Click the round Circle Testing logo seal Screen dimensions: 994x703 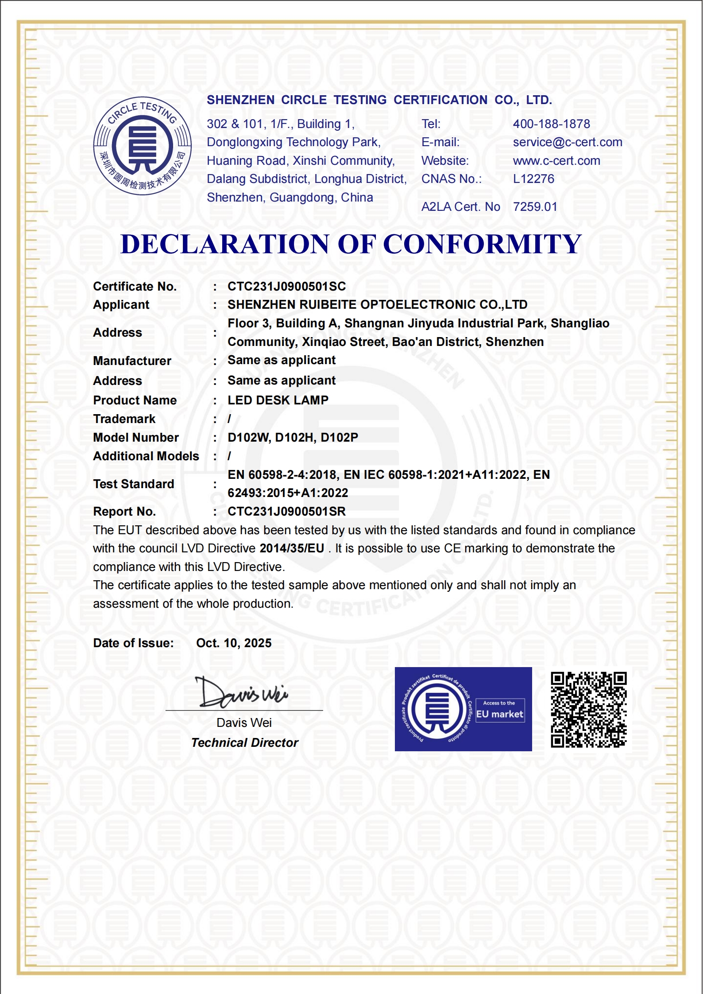click(143, 146)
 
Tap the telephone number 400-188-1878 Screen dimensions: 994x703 click(551, 124)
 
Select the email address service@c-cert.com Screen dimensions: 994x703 click(568, 142)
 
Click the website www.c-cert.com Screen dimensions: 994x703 click(556, 161)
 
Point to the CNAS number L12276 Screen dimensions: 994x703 click(533, 179)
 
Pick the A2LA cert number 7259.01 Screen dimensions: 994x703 click(535, 207)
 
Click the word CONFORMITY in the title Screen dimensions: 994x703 click(482, 244)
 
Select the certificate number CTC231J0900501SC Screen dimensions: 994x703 click(286, 287)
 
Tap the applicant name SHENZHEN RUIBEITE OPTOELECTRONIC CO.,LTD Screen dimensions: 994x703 click(377, 305)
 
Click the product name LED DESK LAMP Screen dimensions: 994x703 click(278, 400)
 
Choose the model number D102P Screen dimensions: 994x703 click(339, 438)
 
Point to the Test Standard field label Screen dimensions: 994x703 click(133, 484)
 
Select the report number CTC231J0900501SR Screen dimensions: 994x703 click(286, 512)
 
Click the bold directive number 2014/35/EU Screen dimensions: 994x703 click(292, 548)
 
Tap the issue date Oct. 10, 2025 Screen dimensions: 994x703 click(234, 643)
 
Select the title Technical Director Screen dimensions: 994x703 click(244, 743)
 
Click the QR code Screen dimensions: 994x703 click(588, 710)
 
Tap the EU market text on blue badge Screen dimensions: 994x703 click(500, 714)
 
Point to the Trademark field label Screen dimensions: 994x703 click(124, 419)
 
